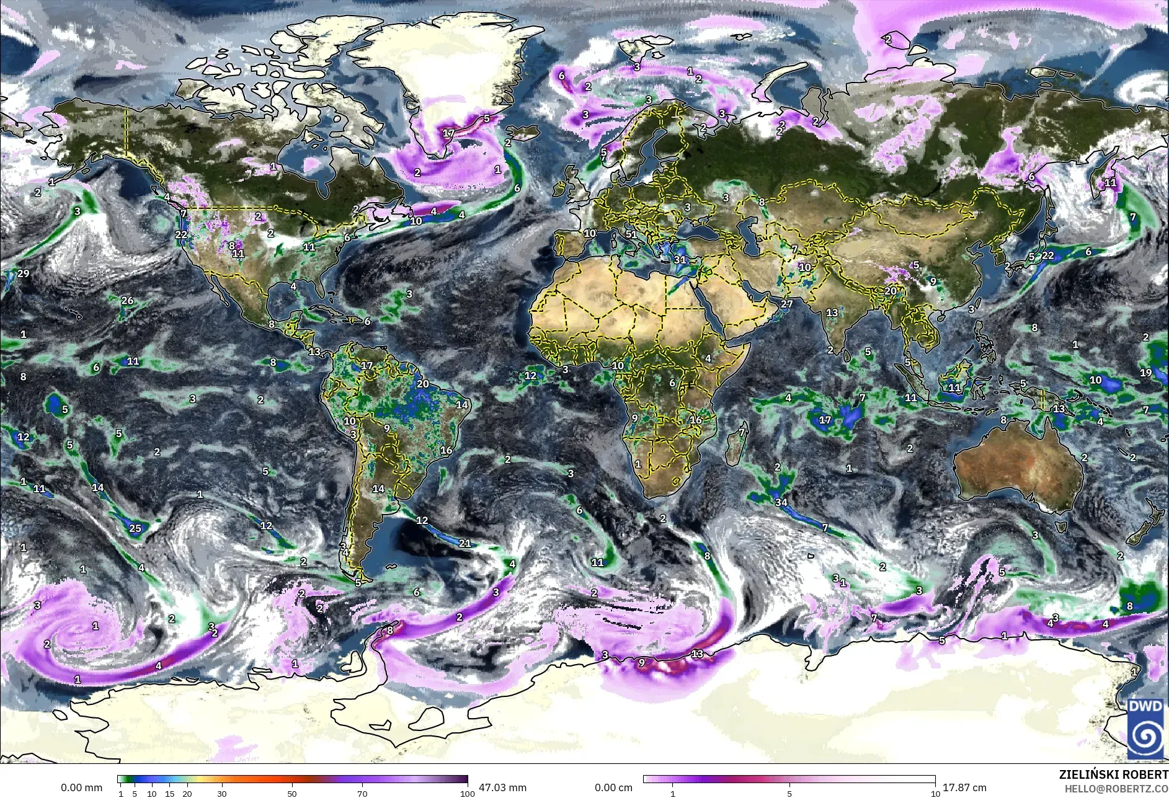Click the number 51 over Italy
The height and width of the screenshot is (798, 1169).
(x=631, y=234)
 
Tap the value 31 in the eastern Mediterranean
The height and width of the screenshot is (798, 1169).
(x=680, y=260)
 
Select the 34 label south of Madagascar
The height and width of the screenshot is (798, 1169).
(x=781, y=502)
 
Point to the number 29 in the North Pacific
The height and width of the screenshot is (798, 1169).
(x=24, y=273)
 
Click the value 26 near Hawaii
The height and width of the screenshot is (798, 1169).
(x=127, y=301)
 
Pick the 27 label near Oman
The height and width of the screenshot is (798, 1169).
(x=787, y=304)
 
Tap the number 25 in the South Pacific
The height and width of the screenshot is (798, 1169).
(x=135, y=528)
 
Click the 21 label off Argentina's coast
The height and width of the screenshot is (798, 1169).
(x=464, y=544)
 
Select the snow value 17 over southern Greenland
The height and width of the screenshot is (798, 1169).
(x=449, y=133)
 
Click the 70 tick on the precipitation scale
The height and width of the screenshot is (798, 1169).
(x=362, y=793)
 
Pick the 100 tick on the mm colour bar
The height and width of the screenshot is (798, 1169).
(x=468, y=793)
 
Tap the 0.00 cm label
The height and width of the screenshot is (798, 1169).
(x=613, y=787)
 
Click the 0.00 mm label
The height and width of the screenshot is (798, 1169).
(x=81, y=787)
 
